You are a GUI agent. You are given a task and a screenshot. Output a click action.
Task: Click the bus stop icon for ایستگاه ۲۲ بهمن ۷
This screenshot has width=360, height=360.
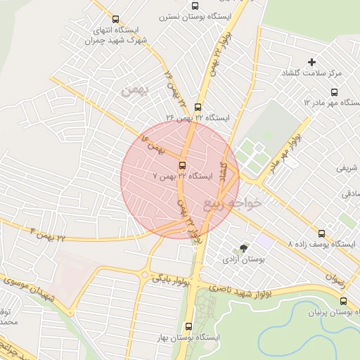pos(183,166)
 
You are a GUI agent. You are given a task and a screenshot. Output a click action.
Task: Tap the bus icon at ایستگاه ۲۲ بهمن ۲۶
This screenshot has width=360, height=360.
pos(198,108)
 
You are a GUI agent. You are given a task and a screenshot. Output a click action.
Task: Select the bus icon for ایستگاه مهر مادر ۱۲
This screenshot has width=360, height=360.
pos(334,92)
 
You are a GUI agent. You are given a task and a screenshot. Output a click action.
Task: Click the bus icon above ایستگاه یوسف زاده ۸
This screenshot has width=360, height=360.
pos(322,233)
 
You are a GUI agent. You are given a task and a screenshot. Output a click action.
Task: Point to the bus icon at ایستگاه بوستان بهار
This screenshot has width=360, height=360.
pos(188,327)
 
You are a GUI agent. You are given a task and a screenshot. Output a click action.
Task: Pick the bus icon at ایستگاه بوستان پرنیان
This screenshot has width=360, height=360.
pos(343,301)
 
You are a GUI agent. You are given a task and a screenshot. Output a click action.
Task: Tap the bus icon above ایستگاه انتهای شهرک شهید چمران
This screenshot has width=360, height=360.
pos(116,20)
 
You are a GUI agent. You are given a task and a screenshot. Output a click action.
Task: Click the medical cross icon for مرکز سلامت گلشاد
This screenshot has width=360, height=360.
pos(312,63)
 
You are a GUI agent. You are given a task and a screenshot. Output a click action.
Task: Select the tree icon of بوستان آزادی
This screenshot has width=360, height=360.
pos(244,248)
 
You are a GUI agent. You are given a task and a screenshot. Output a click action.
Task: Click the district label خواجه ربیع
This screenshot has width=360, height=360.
pos(233,204)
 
